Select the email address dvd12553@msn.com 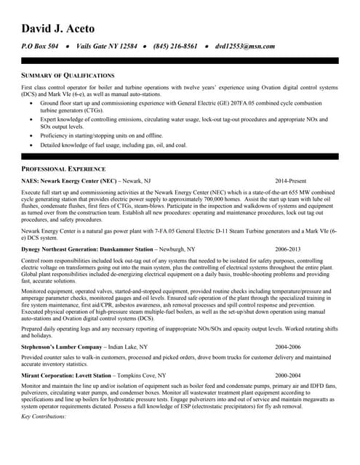click(245, 46)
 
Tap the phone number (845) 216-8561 click(175, 46)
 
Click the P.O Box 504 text click(39, 46)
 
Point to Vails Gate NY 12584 click(106, 46)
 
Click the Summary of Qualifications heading click(68, 76)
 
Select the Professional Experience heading click(64, 169)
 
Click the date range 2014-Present click(291, 180)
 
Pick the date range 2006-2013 click(289, 249)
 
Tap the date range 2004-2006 click(289, 347)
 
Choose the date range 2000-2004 click(289, 375)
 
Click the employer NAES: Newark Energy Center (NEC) click(69, 180)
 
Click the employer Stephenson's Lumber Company click(62, 347)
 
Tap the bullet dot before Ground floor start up click(31, 104)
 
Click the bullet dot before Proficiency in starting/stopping click(31, 135)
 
